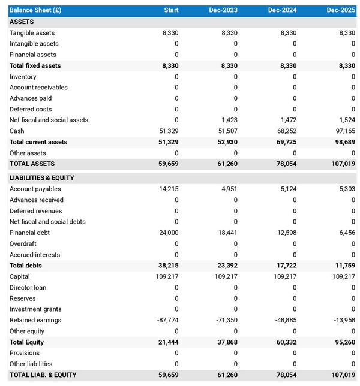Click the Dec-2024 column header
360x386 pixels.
[282, 10]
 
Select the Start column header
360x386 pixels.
[171, 10]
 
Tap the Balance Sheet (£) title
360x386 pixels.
[35, 10]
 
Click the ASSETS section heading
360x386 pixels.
[22, 22]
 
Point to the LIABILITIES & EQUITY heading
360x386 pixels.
[41, 178]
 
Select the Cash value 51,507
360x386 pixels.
[226, 131]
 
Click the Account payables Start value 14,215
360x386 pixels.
[167, 189]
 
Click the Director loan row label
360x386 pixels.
[28, 287]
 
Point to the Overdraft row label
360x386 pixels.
[23, 243]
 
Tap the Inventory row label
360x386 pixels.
[23, 76]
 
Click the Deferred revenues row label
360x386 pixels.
[34, 211]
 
